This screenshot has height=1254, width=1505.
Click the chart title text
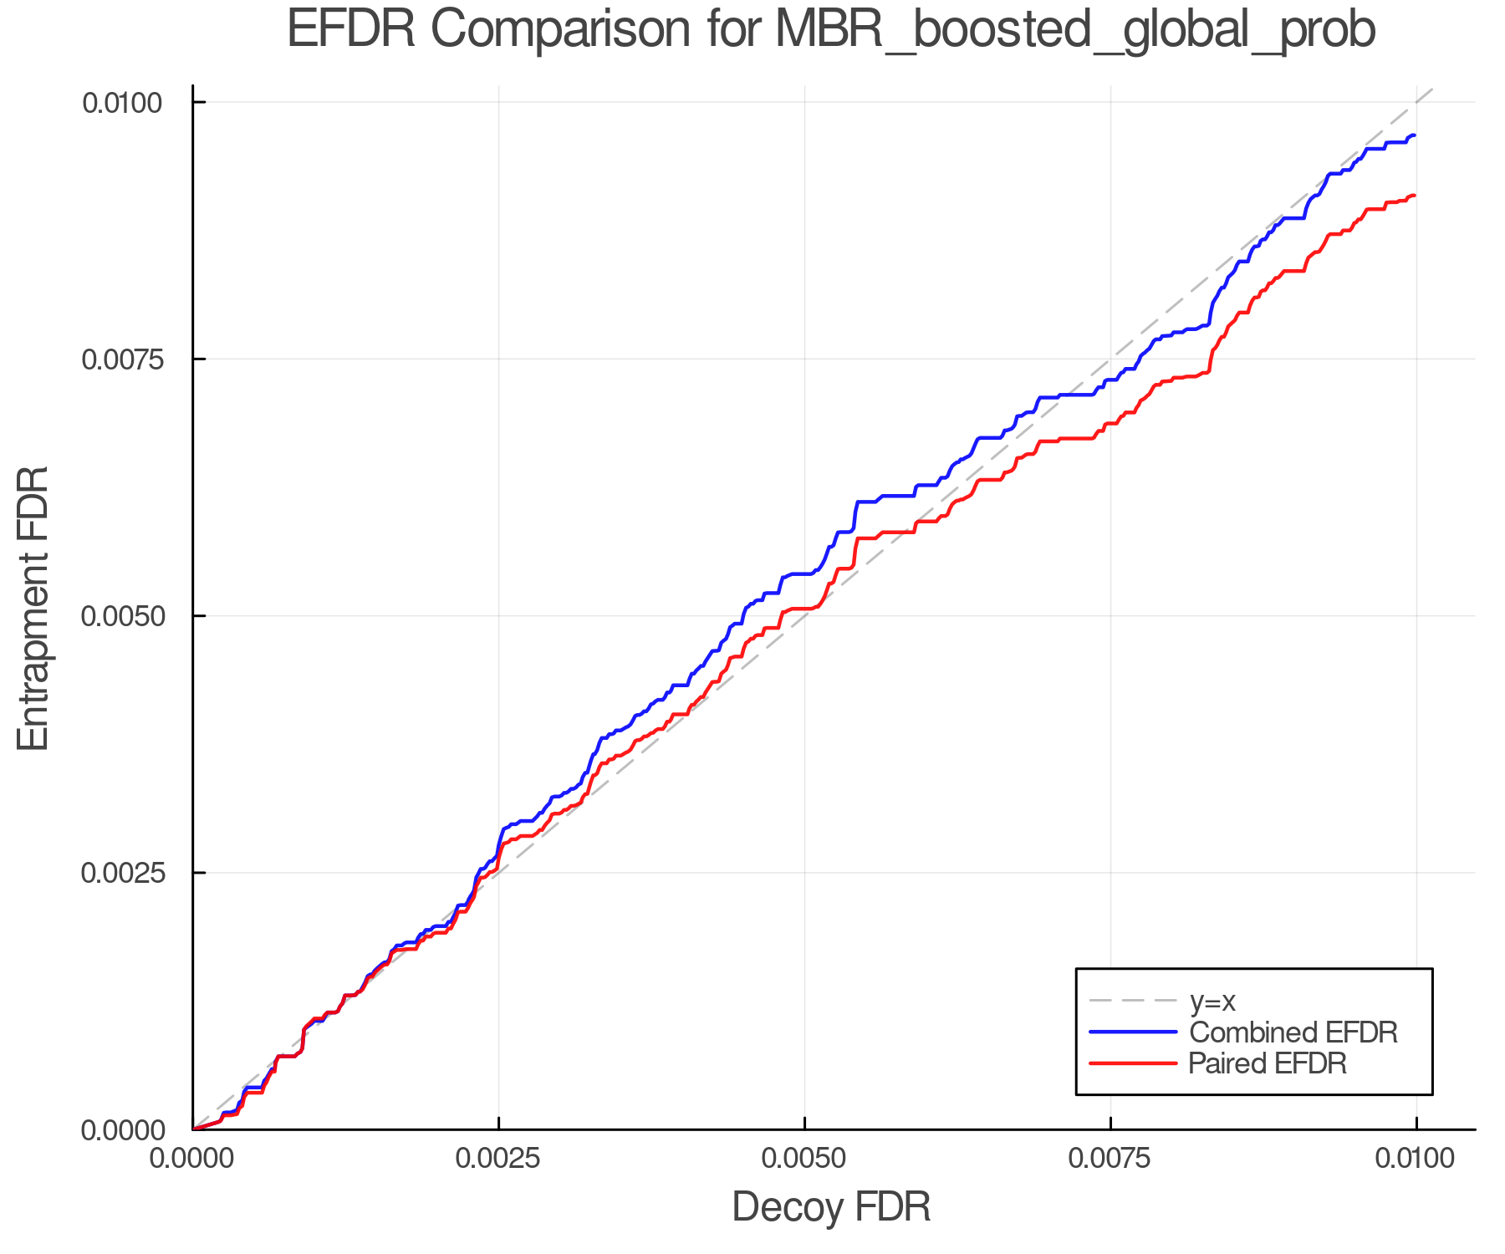831,31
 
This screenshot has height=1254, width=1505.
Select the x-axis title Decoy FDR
831,1207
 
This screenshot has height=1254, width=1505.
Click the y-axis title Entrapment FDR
34,608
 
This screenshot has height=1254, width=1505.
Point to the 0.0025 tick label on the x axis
498,1159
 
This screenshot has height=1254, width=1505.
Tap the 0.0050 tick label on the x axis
804,1159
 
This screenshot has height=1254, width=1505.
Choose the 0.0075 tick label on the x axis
1110,1159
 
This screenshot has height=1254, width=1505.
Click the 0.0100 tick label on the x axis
1416,1159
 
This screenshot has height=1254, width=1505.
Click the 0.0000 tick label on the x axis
192,1159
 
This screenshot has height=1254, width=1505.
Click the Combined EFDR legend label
1293,1032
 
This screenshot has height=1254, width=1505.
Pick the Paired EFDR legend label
1268,1063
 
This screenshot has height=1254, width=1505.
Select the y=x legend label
1212,1002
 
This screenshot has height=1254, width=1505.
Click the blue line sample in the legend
1133,1032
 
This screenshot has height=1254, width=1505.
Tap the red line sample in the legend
1133,1063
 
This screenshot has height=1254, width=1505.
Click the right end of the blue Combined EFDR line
1414,135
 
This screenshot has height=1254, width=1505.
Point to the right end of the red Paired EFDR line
1414,196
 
